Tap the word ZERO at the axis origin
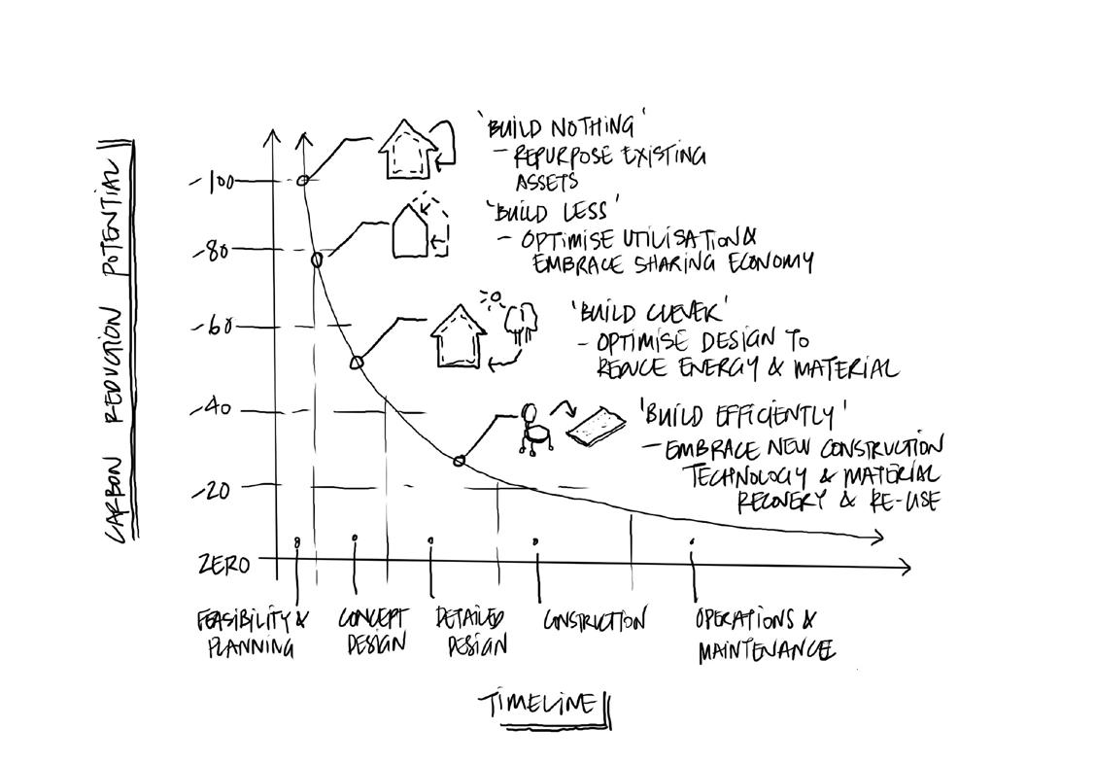[x=224, y=565]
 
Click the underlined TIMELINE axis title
[x=538, y=703]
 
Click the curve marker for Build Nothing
[x=303, y=180]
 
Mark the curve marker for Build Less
[x=317, y=259]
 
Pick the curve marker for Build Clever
[x=357, y=363]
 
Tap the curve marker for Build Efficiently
[x=460, y=461]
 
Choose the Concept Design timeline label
[x=374, y=632]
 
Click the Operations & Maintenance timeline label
[x=763, y=635]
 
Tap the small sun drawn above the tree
[x=495, y=296]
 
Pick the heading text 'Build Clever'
[x=650, y=311]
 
